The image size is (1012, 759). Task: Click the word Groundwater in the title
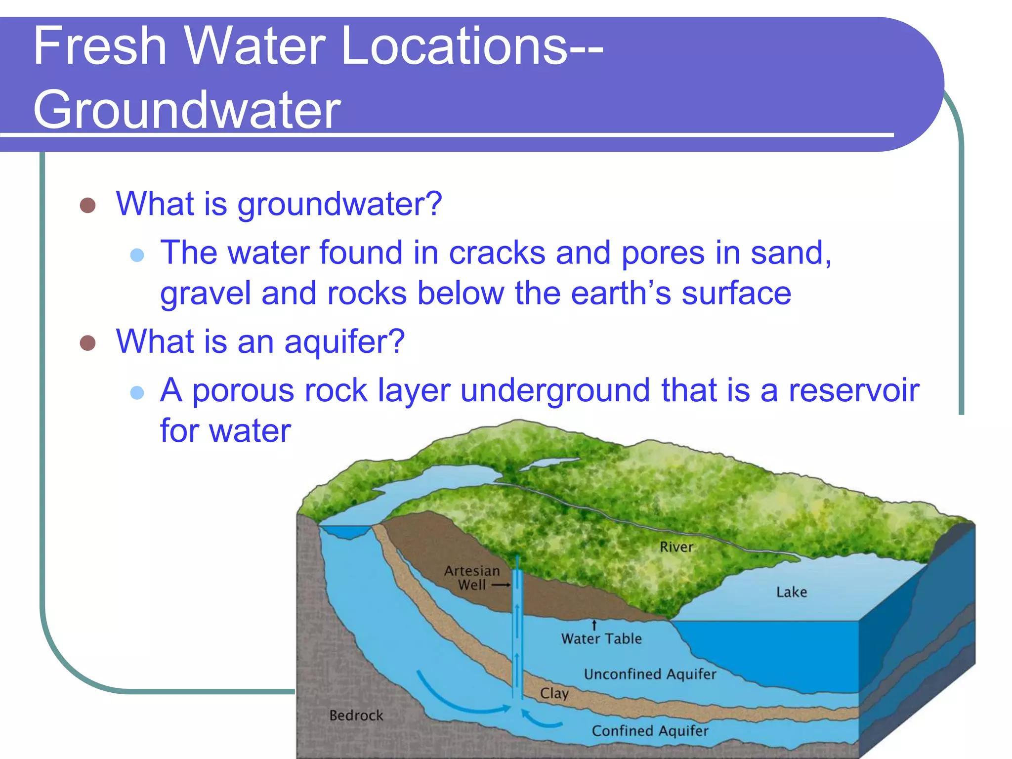point(187,110)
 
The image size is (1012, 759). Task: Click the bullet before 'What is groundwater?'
point(87,205)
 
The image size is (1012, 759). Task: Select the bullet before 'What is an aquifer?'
point(87,342)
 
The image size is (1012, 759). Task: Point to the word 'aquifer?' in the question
point(344,342)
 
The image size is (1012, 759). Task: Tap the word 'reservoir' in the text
point(853,390)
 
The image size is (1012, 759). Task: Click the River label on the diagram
point(676,547)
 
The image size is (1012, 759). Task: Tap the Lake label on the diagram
point(791,592)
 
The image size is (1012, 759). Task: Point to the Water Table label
point(601,639)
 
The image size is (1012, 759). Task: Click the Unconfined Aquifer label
point(650,675)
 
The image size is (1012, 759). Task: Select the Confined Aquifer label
point(650,731)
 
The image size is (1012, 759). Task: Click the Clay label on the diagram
point(554,693)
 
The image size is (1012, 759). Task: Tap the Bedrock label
point(356,716)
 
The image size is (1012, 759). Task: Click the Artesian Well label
point(472,578)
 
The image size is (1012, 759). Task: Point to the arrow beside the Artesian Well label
point(501,585)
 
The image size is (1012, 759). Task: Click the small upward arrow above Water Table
point(594,626)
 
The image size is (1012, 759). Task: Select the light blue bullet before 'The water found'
point(137,255)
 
